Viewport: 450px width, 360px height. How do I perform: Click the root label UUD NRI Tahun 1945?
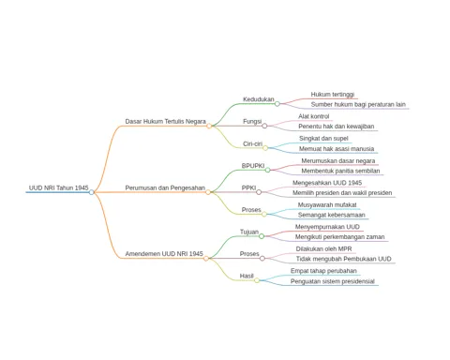pos(59,187)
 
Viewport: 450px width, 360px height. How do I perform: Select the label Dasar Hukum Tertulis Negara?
pos(165,121)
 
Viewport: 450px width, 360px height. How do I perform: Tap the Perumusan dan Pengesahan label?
pos(165,187)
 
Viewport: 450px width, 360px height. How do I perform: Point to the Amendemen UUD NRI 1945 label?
pos(164,254)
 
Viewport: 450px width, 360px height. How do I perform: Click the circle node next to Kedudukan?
pos(277,104)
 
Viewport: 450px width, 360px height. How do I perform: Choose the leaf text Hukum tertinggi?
pos(333,95)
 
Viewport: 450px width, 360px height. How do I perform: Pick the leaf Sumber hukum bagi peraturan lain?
pos(358,104)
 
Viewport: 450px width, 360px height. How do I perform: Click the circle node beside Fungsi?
pos(264,126)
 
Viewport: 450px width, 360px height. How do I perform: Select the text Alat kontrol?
pos(314,116)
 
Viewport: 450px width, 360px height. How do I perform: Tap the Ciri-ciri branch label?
pos(252,143)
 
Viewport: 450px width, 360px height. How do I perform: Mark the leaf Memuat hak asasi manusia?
pos(337,149)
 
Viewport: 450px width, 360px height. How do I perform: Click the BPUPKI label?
pos(253,166)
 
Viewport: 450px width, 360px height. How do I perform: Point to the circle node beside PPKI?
pos(259,192)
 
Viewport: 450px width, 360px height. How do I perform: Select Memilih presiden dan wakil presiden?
pos(342,193)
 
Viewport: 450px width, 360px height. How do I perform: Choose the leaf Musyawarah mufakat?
pos(327,205)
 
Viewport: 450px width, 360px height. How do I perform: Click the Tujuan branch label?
pos(249,232)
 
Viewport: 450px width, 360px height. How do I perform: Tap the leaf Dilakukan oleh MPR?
pos(323,249)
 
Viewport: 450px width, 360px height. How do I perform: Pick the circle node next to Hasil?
pos(257,280)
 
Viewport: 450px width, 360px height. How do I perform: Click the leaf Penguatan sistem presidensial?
pos(333,281)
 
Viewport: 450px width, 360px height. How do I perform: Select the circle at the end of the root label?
pos(91,192)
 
